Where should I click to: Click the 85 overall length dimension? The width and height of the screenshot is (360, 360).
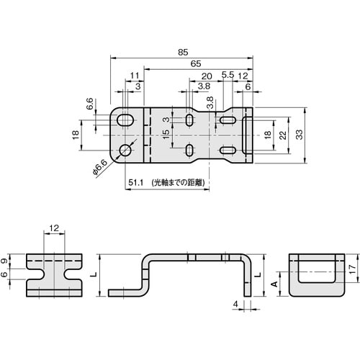[x=184, y=52]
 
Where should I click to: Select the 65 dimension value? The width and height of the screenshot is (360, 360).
[x=195, y=64]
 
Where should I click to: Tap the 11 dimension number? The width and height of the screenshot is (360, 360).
[x=134, y=76]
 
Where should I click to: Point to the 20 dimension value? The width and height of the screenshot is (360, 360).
[x=206, y=76]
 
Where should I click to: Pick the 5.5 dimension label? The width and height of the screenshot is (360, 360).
[x=227, y=76]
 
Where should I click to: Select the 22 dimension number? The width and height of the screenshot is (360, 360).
[x=283, y=135]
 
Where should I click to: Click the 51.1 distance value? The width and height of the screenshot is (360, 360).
[x=137, y=183]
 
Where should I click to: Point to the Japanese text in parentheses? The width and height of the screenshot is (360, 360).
[x=177, y=183]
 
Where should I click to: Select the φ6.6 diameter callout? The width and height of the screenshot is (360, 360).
[x=101, y=168]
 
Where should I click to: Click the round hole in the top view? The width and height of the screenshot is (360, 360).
[x=125, y=150]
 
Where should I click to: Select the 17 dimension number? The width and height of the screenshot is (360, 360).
[x=352, y=269]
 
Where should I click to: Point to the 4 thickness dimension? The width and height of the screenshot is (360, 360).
[x=235, y=305]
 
